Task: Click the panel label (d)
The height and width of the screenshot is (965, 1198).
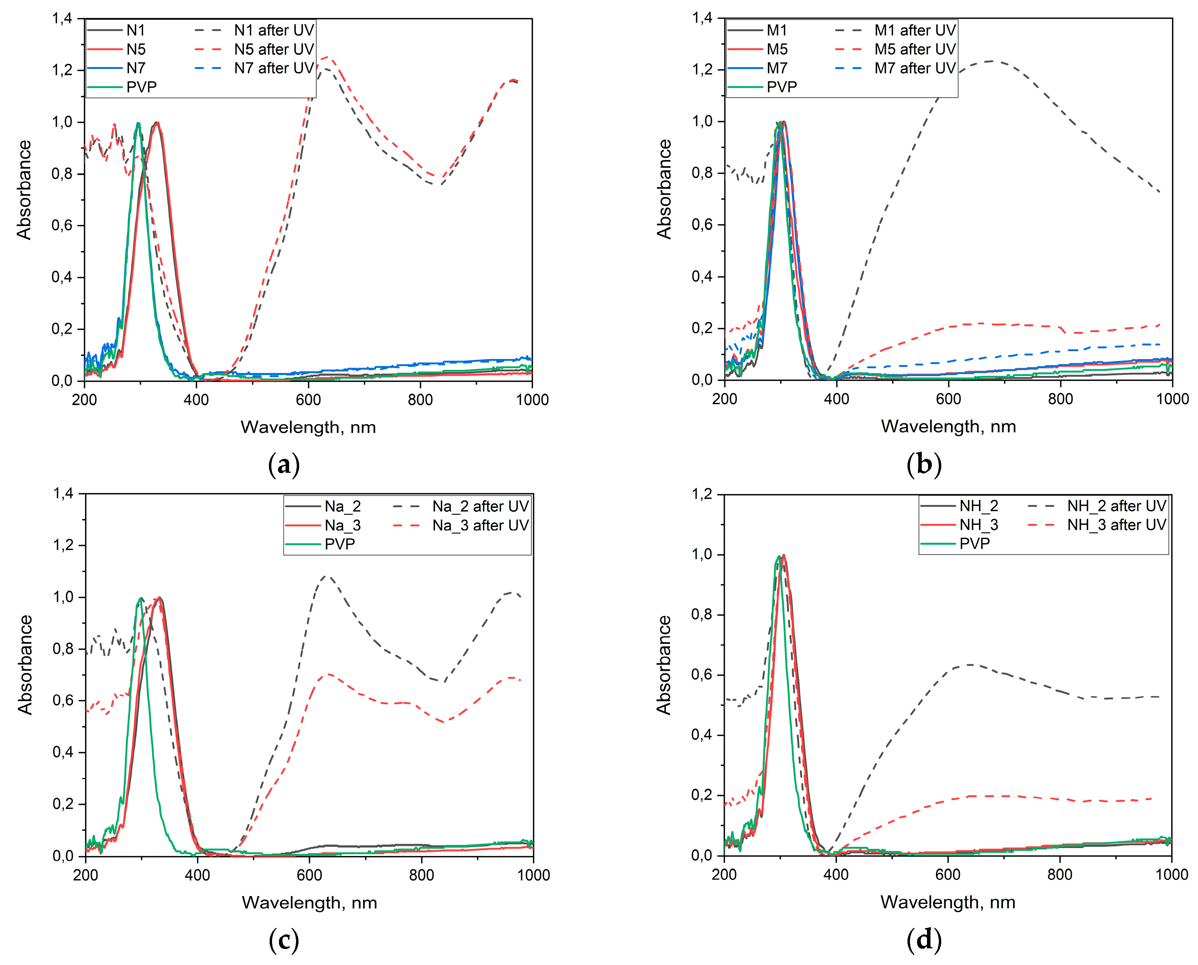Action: click(x=924, y=939)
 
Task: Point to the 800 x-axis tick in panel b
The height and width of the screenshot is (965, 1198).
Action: click(x=1060, y=399)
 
